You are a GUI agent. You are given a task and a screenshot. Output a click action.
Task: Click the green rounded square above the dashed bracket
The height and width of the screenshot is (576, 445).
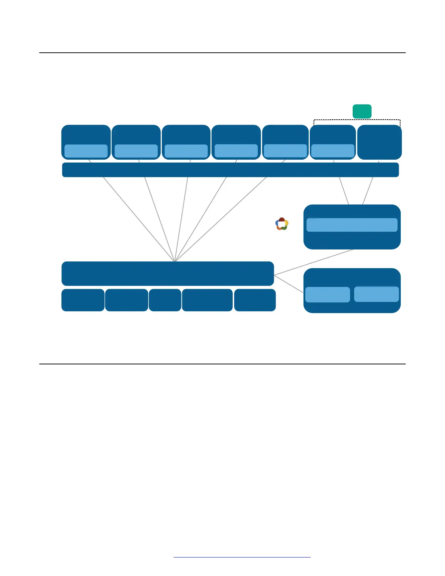coord(362,111)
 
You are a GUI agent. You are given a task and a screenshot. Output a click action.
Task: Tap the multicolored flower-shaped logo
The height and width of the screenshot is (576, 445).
coord(282,224)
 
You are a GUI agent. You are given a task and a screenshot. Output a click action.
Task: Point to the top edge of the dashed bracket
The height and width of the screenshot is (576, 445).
coord(357,120)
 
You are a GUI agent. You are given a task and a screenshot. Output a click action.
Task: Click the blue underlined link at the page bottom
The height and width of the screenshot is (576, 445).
coord(242,557)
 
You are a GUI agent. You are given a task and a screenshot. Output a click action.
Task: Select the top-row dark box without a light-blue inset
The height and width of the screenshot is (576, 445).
coord(379,142)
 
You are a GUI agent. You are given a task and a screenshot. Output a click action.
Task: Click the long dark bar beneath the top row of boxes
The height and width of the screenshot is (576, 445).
coord(230,170)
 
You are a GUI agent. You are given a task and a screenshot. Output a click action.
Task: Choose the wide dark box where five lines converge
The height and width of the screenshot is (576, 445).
coord(167,273)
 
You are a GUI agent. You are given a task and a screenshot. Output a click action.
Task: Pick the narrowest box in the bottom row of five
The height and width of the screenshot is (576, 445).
coord(165,300)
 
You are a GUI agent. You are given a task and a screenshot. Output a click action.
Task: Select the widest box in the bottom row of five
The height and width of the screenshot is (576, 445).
coord(207,300)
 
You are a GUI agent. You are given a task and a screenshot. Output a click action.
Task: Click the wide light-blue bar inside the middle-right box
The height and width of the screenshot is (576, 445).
coord(352,225)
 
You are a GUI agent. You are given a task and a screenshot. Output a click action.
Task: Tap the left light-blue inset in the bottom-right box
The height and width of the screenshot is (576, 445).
coord(327,295)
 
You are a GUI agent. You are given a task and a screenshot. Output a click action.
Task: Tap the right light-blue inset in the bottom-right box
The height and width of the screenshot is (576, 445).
coord(376,294)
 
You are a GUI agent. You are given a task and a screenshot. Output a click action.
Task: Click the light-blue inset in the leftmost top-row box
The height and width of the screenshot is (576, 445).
coord(86,151)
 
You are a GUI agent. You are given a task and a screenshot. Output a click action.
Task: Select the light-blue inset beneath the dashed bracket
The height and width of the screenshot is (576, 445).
coord(333,151)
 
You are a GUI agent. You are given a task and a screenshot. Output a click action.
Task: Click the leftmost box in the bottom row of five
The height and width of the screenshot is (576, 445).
coord(83,300)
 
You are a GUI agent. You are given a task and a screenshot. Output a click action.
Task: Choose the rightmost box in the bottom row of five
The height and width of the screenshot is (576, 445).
coord(255,300)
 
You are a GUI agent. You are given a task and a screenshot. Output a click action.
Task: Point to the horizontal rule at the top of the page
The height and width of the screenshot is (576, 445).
coord(222,53)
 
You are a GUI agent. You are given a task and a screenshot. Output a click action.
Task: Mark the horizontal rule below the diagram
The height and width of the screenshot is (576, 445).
coord(222,364)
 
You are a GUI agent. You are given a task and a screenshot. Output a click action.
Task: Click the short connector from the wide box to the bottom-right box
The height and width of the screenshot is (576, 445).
coord(289,284)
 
